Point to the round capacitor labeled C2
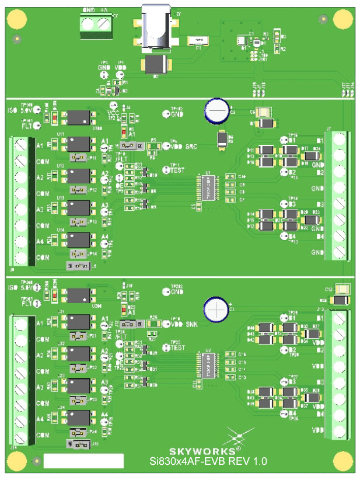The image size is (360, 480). coord(216,109)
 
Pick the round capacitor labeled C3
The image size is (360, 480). coord(216,309)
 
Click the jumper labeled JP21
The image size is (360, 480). coord(77,336)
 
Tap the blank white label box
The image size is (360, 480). coord(84,460)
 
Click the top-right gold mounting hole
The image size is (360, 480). coord(340,19)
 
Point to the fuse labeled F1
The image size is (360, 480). coord(198,40)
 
